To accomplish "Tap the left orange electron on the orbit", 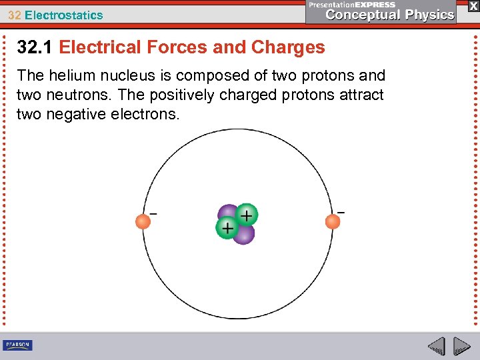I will click(x=143, y=221).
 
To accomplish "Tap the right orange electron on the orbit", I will click(x=333, y=221).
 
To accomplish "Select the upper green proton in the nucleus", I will click(x=246, y=215).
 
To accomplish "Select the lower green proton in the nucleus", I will click(x=227, y=228).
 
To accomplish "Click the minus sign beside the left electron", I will click(x=153, y=214).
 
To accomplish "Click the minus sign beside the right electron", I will click(x=341, y=212).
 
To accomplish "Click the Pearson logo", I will click(x=18, y=345).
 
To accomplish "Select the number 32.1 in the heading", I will click(x=35, y=47).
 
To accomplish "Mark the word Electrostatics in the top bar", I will click(x=64, y=15).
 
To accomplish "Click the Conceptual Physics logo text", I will click(x=390, y=15).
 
